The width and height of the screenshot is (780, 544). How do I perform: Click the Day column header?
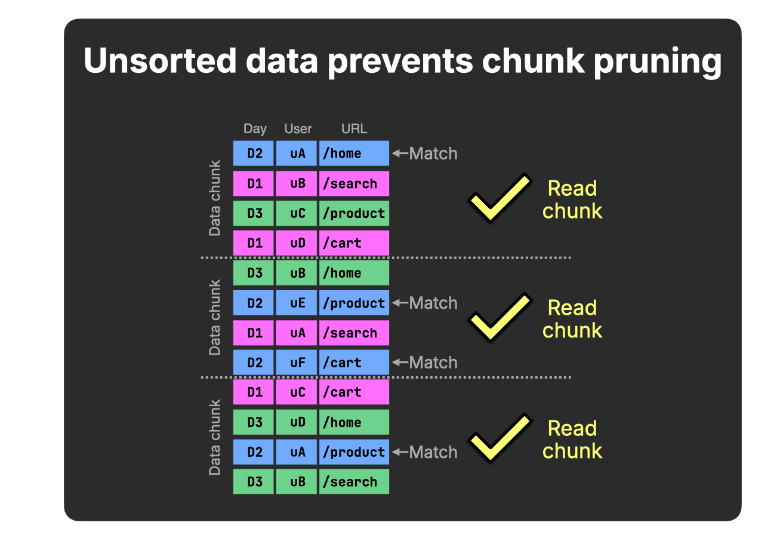pos(255,129)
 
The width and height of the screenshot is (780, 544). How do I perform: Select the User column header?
pos(298,129)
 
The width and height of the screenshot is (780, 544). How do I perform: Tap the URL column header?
pos(354,129)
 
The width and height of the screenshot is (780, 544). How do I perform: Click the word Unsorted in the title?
pos(160,61)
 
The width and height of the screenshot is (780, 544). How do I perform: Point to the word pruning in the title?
pos(658,63)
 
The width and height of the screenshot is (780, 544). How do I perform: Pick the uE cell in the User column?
pos(297,303)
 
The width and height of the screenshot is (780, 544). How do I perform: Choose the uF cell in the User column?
pos(297,362)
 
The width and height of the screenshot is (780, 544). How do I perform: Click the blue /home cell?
pos(354,153)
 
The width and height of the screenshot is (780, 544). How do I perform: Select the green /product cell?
pos(354,213)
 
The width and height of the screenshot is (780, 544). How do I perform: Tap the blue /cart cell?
pos(354,362)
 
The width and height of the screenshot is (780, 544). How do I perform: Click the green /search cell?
pos(354,482)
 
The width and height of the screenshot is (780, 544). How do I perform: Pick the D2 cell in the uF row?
pos(254,362)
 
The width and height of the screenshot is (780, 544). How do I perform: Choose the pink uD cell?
pos(297,243)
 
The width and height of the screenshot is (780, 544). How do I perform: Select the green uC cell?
pos(297,213)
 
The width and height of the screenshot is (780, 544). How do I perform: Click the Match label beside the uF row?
pos(433,362)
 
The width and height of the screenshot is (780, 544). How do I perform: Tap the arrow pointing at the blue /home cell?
pos(400,153)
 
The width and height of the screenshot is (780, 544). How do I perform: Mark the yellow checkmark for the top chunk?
pos(500,198)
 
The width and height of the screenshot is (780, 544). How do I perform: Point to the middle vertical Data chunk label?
pos(215,318)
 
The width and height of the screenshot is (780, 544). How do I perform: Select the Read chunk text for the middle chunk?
pos(572,319)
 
